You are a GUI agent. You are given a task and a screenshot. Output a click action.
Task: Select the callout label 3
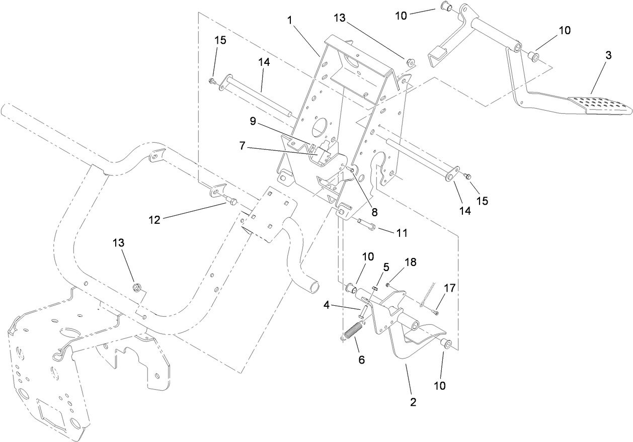[608, 55]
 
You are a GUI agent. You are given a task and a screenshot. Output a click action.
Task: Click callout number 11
[402, 233]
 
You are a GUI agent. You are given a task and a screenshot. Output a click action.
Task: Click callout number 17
[449, 288]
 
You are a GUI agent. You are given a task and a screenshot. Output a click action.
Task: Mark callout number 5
[386, 267]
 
